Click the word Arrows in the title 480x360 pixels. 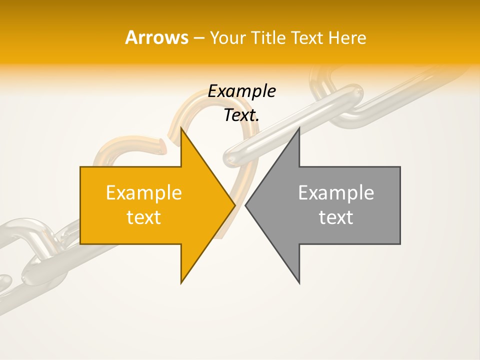pyautogui.click(x=156, y=37)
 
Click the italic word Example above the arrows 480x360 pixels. pyautogui.click(x=242, y=91)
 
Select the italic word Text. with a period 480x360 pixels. pyautogui.click(x=242, y=115)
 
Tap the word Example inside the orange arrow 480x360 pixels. pyautogui.click(x=144, y=193)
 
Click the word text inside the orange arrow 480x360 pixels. pyautogui.click(x=144, y=217)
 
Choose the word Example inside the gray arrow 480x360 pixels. pyautogui.click(x=336, y=193)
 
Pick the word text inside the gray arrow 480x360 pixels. pyautogui.click(x=336, y=217)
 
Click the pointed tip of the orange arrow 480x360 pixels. pyautogui.click(x=234, y=205)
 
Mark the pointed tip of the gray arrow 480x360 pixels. pyautogui.click(x=246, y=205)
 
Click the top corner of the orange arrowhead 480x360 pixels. pyautogui.click(x=181, y=129)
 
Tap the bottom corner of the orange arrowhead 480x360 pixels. pyautogui.click(x=181, y=283)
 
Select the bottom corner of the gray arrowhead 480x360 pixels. pyautogui.click(x=299, y=283)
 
